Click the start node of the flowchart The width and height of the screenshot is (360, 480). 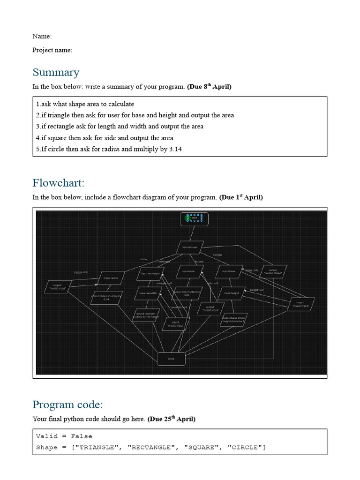point(194,219)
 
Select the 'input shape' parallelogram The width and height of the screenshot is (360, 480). point(190,247)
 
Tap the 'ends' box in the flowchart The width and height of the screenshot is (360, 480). point(171,359)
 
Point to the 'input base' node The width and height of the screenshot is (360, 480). point(229,271)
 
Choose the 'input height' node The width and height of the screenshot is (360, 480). point(232,293)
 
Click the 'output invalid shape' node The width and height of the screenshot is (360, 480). point(273,271)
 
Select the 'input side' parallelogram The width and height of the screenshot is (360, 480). point(188,271)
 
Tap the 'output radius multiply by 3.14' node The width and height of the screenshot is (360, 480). point(106,298)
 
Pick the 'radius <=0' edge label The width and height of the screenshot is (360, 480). point(81,272)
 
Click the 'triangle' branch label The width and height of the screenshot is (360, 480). point(217,255)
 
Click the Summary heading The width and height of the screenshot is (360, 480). point(56,72)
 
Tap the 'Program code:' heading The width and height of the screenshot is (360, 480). point(67,405)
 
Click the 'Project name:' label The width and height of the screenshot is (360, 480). point(52,50)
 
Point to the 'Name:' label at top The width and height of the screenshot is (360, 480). point(42,36)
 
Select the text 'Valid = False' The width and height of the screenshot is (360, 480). point(64,436)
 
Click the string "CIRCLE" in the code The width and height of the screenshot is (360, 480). point(246,447)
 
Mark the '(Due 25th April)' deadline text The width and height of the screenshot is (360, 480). point(171,419)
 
